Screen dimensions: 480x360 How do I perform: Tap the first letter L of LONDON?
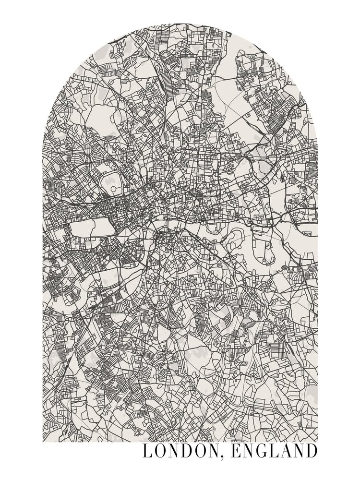click(x=147, y=452)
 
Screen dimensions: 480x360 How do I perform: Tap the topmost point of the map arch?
click(x=180, y=23)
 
